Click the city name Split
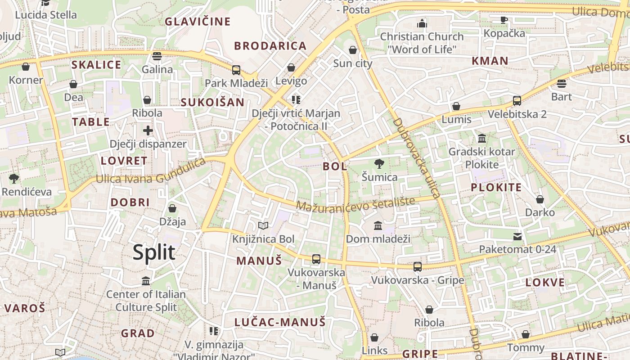coord(154,252)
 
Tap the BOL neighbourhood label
coord(335,166)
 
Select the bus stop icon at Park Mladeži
coord(236,70)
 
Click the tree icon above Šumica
coord(379,164)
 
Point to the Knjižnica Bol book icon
coord(263,225)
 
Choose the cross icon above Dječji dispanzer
coord(148,131)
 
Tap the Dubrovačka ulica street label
coord(416,158)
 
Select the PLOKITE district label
coord(496,188)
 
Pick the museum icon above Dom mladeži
coord(378,225)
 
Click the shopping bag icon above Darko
coord(540,199)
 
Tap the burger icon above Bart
coord(561,84)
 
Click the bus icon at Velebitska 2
coord(517,101)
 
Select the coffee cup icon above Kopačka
coord(504,20)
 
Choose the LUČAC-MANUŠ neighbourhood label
coord(279,322)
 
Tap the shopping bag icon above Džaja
coord(172,208)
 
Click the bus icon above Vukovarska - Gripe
coord(418,267)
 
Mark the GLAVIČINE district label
coord(198,21)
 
